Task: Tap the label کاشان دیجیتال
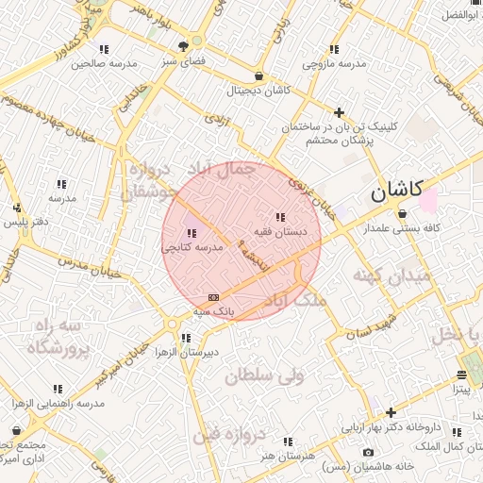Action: [x=257, y=92]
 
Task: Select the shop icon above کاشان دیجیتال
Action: [x=258, y=76]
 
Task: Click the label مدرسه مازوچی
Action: [x=334, y=63]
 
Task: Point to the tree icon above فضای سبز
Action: [x=197, y=44]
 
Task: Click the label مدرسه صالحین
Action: [x=104, y=63]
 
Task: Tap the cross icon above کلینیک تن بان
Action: [x=340, y=112]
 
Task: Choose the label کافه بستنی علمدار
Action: [x=405, y=228]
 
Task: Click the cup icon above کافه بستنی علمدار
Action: [x=403, y=213]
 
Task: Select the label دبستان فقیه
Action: [x=277, y=231]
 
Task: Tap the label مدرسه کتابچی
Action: [x=192, y=247]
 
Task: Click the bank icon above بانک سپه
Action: [x=213, y=296]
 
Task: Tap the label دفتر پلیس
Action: [x=25, y=222]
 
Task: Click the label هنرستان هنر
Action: [x=288, y=456]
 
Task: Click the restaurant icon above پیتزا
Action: [x=461, y=374]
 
